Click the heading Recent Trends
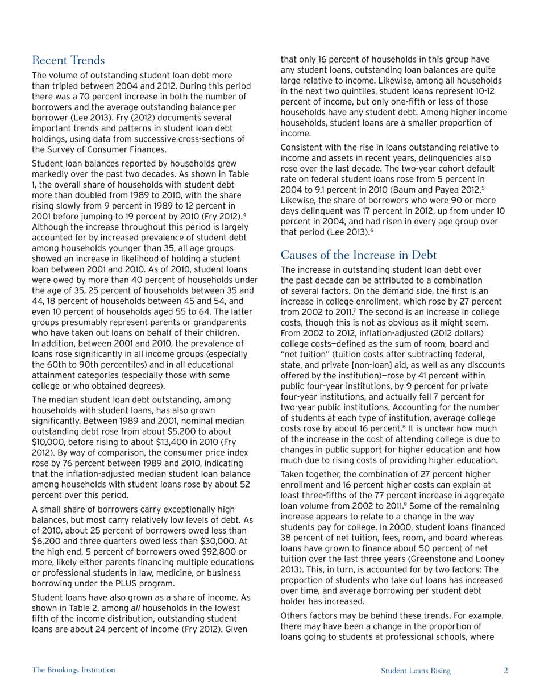point(69,60)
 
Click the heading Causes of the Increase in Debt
point(359,255)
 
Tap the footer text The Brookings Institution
point(73,671)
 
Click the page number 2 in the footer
point(505,671)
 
